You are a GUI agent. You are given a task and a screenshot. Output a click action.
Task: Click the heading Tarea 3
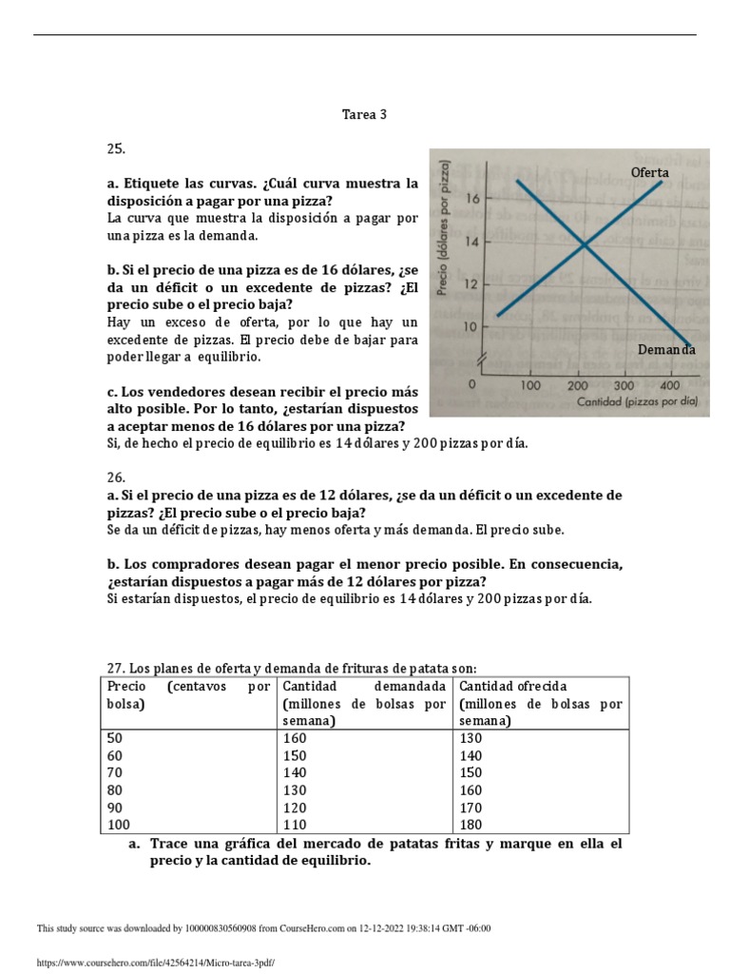point(365,115)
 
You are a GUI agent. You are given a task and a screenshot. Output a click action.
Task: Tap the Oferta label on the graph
point(650,172)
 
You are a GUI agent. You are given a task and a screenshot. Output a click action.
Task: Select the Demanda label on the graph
point(665,350)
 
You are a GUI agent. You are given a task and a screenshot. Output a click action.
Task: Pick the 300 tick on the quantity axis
point(624,385)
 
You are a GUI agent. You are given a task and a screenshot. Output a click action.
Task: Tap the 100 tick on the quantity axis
point(530,385)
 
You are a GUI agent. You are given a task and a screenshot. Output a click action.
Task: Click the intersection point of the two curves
point(583,245)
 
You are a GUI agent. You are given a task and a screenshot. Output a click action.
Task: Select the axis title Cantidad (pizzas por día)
point(637,402)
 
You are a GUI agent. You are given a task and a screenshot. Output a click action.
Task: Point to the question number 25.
point(115,149)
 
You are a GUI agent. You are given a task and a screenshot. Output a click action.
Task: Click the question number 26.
point(115,477)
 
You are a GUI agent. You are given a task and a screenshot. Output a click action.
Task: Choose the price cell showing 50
point(115,737)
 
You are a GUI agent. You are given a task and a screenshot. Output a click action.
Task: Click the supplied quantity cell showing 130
point(471,737)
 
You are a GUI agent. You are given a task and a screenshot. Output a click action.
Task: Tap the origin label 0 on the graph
point(472,385)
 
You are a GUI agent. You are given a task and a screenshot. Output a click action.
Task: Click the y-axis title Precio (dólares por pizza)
point(443,229)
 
